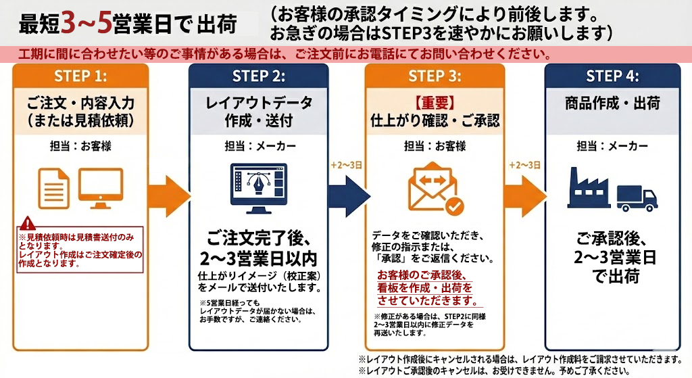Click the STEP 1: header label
tap(80, 76)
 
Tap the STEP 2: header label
tap(259, 76)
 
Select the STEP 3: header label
tap(435, 76)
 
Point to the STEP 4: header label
tap(612, 76)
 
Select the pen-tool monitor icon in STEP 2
tap(259, 185)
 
